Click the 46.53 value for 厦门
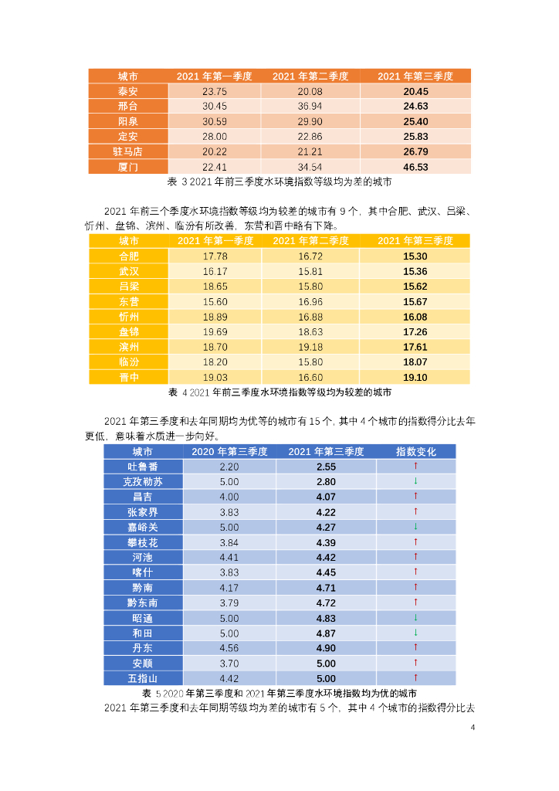pos(415,167)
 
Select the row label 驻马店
pos(127,151)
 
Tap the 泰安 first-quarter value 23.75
pos(214,91)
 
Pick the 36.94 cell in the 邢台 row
pos(310,106)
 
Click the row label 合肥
pos(128,256)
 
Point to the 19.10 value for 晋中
pos(415,377)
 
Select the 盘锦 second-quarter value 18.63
pos(310,331)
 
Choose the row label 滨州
pos(128,347)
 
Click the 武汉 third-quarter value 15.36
pos(415,271)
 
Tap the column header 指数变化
pos(415,451)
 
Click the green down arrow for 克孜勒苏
pos(415,481)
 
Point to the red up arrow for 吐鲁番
pos(415,467)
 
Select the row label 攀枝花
pos(143,542)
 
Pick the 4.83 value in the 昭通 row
pos(326,618)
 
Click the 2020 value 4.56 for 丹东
pos(229,648)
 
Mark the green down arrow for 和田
pos(415,633)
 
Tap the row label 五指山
pos(143,678)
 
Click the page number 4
pos(473,728)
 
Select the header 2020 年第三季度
pos(229,451)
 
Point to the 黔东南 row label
pos(143,603)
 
